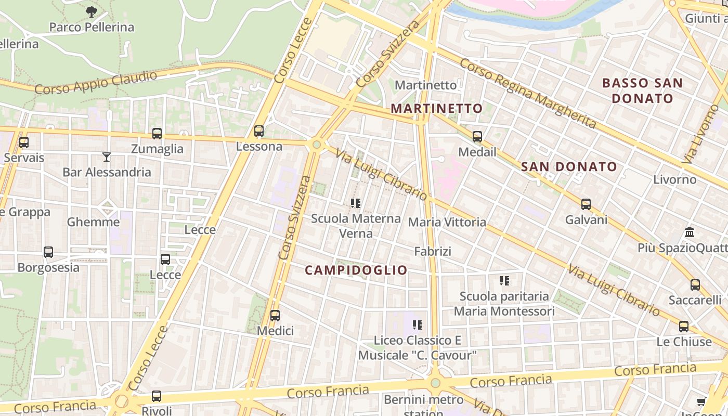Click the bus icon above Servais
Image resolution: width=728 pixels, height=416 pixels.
pyautogui.click(x=24, y=142)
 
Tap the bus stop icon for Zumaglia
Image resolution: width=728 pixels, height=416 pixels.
pyautogui.click(x=157, y=133)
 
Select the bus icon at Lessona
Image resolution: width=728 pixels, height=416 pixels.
pyautogui.click(x=259, y=131)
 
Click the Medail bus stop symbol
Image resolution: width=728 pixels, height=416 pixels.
pyautogui.click(x=477, y=137)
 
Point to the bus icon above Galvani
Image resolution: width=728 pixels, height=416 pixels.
pyautogui.click(x=586, y=204)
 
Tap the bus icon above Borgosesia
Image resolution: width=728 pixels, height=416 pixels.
pyautogui.click(x=48, y=252)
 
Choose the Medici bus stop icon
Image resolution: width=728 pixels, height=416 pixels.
pyautogui.click(x=275, y=315)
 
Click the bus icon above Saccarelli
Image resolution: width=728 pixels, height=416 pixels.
pyautogui.click(x=695, y=284)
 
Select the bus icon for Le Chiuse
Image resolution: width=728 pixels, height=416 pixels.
pyautogui.click(x=684, y=326)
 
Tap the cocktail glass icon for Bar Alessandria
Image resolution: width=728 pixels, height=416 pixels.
pyautogui.click(x=107, y=157)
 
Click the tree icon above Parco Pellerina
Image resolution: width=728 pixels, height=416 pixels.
pyautogui.click(x=91, y=11)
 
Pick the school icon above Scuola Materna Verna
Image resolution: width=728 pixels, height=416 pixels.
pyautogui.click(x=356, y=203)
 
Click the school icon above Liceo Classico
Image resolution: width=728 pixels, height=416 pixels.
pyautogui.click(x=417, y=325)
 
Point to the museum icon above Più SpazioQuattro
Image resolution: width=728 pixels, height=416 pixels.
pyautogui.click(x=690, y=232)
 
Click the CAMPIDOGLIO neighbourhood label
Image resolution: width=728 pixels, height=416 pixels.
pyautogui.click(x=356, y=270)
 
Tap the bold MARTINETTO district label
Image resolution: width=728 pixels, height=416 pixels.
pyautogui.click(x=437, y=108)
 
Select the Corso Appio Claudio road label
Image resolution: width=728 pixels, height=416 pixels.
pyautogui.click(x=96, y=83)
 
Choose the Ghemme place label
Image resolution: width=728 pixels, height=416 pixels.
pyautogui.click(x=94, y=222)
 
